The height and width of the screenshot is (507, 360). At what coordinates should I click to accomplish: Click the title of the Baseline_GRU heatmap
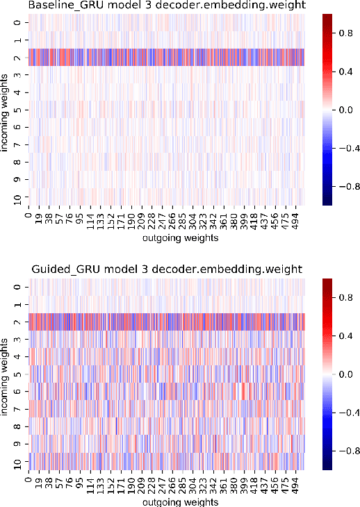(x=166, y=6)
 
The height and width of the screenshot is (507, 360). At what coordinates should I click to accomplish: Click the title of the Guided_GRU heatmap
(x=166, y=269)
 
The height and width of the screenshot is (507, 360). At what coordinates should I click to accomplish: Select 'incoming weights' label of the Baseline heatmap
(x=6, y=110)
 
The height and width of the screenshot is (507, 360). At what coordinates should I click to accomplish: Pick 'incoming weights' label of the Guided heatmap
(x=6, y=373)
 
